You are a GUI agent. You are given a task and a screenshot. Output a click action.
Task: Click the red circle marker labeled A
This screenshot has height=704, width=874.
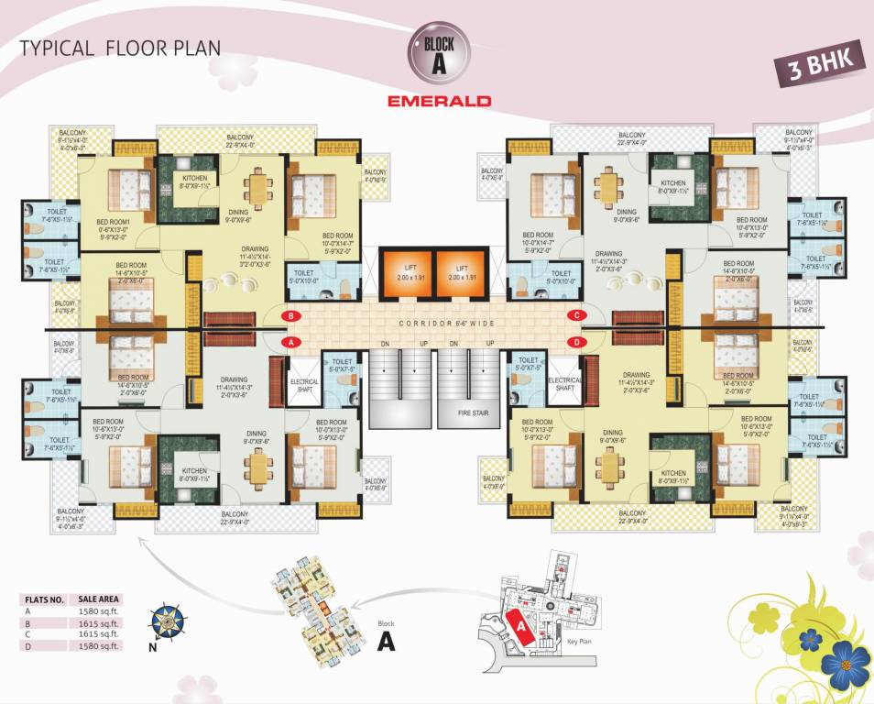pos(290,341)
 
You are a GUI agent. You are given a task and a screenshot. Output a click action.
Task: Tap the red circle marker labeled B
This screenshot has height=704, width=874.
pos(290,316)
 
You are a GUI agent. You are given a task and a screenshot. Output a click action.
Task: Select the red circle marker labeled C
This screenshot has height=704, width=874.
pos(576,316)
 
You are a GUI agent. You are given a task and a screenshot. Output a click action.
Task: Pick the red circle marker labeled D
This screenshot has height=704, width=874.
pos(576,341)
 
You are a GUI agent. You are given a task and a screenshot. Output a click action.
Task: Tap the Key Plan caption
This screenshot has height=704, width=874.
pos(581,643)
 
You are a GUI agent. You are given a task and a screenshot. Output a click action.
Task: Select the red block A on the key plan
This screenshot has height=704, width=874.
pos(520,627)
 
